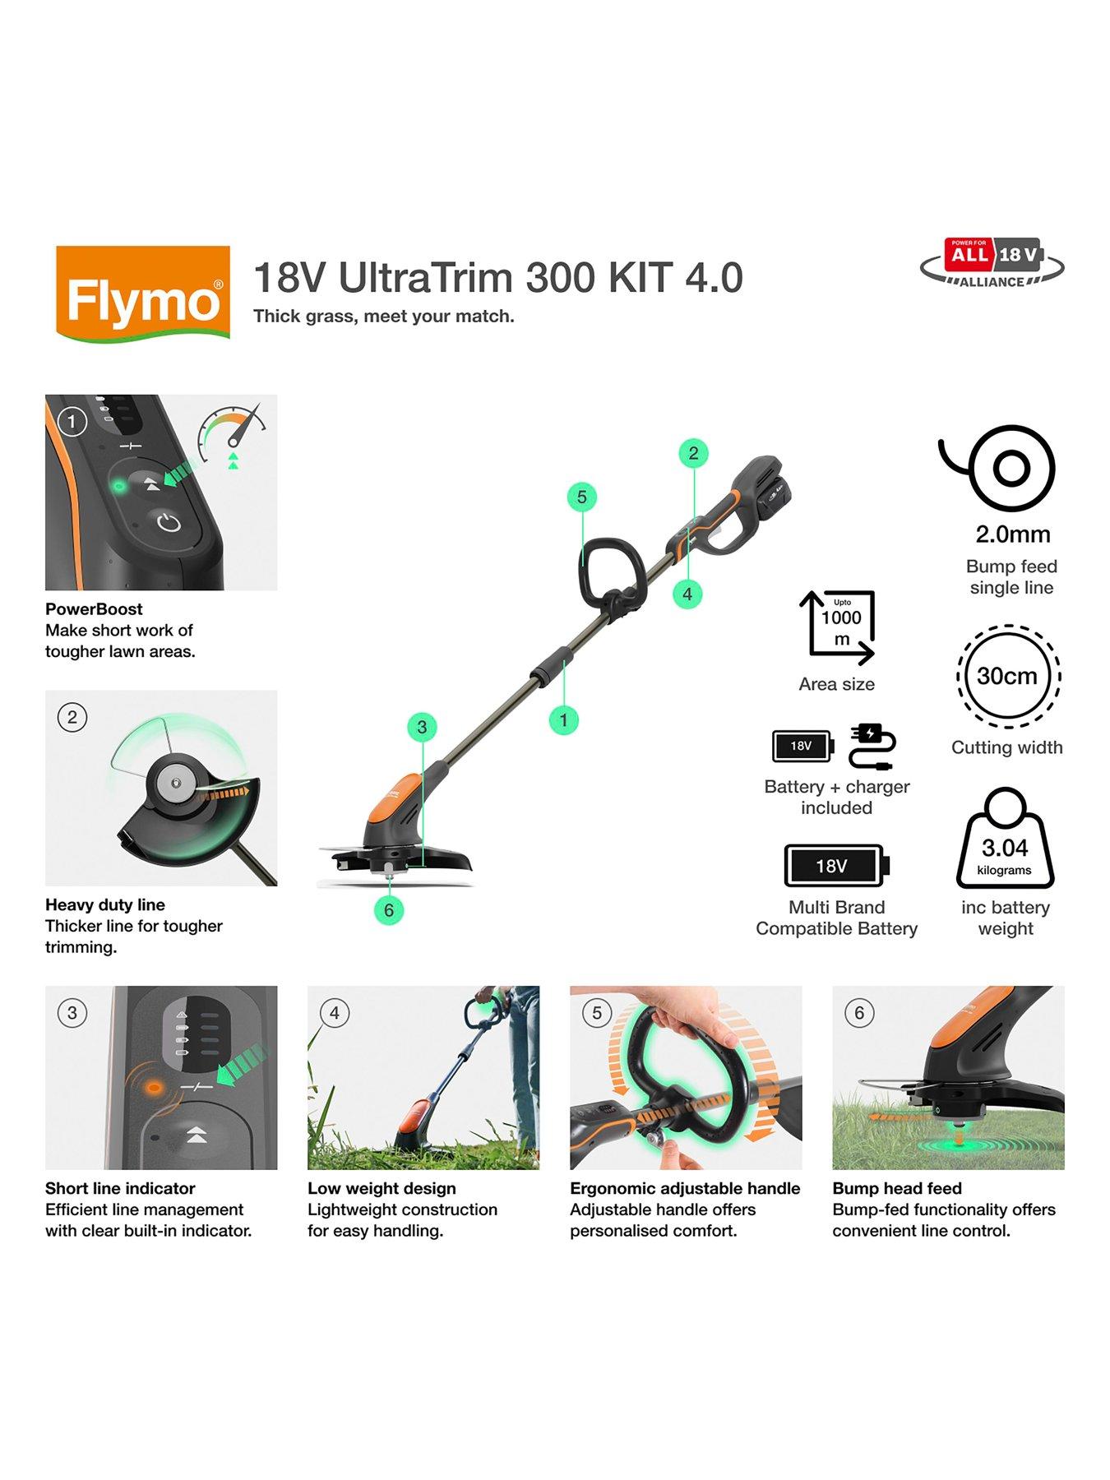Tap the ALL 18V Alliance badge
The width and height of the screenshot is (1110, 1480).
click(992, 263)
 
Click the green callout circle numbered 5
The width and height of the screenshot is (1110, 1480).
click(582, 497)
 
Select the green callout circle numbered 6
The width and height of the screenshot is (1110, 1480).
click(389, 910)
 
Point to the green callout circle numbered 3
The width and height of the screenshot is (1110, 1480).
click(422, 727)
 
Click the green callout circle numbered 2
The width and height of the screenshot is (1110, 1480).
click(693, 453)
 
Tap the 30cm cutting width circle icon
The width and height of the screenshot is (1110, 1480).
click(1007, 676)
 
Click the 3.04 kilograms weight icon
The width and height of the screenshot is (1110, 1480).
click(1005, 840)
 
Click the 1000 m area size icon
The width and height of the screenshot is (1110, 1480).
click(838, 627)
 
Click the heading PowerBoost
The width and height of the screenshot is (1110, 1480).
click(94, 609)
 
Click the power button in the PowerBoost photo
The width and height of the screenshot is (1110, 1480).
click(169, 522)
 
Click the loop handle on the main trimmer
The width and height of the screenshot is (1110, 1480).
click(610, 569)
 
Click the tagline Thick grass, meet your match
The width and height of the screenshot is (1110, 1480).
click(383, 317)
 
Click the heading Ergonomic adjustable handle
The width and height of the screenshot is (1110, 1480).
click(684, 1188)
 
